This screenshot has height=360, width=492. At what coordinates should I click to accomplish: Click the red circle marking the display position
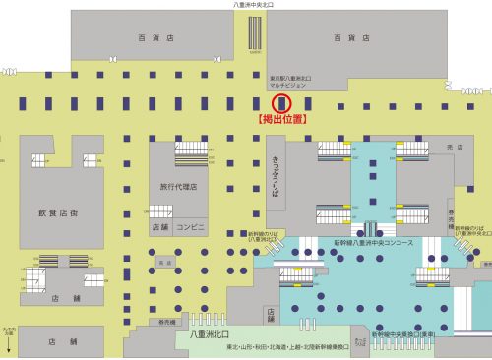coord(282,103)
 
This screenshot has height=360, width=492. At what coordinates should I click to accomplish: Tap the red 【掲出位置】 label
coord(282,120)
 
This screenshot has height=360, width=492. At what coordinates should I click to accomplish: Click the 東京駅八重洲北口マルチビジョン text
coord(289,80)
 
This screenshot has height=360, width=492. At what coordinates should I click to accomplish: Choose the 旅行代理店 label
coord(178,186)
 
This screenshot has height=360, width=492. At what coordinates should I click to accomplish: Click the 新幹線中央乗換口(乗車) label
coord(411,334)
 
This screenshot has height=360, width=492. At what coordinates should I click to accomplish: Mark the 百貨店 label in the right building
coord(350,37)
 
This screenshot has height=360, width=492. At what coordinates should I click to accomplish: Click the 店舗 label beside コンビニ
coord(160,227)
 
